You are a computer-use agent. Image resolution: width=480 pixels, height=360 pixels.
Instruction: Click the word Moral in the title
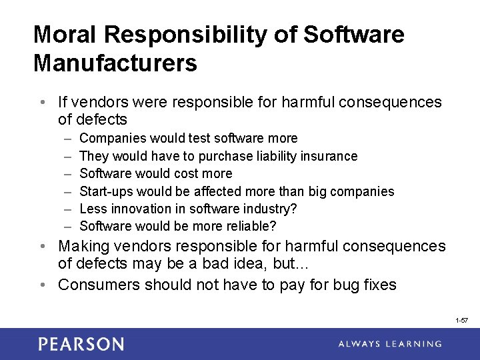[64, 35]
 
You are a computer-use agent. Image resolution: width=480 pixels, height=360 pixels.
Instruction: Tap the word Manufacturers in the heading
[115, 63]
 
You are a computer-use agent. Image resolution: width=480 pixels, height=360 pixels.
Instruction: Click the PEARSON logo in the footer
[81, 344]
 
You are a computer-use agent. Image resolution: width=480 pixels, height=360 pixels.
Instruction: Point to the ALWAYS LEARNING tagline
[389, 344]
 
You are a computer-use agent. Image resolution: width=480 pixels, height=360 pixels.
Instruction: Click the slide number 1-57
[461, 321]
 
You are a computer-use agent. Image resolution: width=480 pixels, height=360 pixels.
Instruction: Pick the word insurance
[328, 156]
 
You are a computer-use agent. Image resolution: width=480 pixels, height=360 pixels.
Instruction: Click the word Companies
[113, 138]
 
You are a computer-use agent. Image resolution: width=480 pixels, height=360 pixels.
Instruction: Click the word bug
[339, 285]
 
